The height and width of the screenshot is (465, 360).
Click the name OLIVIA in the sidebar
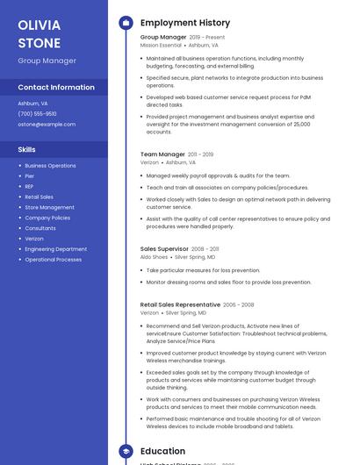click(x=40, y=25)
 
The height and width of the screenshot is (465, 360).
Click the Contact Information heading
click(x=56, y=88)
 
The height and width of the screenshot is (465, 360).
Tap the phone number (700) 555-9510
click(x=37, y=113)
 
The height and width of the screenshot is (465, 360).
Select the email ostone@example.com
click(x=47, y=125)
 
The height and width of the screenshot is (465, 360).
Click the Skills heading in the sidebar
click(x=26, y=150)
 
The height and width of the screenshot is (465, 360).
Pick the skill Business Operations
click(x=50, y=166)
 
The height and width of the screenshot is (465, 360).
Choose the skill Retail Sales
click(x=39, y=197)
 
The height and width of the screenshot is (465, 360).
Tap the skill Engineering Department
click(x=55, y=249)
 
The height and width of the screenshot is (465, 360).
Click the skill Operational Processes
click(x=53, y=260)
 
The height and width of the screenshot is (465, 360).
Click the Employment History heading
click(x=185, y=23)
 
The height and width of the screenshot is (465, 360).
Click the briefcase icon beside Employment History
click(x=126, y=23)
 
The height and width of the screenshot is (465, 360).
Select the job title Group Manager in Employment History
click(x=163, y=38)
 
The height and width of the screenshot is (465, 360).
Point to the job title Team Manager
click(x=162, y=154)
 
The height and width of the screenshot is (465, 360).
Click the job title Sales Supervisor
click(x=164, y=249)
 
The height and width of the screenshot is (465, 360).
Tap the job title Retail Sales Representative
click(x=180, y=304)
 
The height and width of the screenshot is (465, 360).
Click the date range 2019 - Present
click(x=207, y=38)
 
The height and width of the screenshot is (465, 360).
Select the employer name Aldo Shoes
click(x=154, y=257)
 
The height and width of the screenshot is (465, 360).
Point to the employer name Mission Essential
click(x=162, y=45)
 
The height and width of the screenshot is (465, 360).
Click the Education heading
click(x=162, y=451)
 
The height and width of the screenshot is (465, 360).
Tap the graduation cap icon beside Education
click(x=126, y=451)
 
